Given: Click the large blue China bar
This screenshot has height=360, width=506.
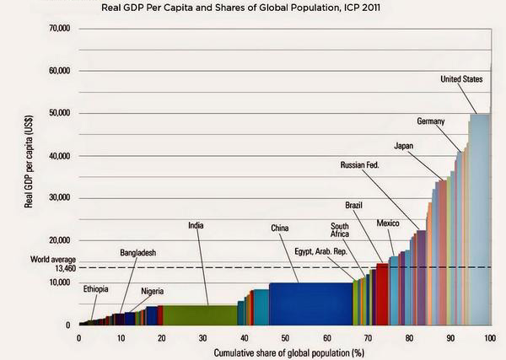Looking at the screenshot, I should (x=310, y=304).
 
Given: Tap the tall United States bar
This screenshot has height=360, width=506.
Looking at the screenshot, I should (x=479, y=219).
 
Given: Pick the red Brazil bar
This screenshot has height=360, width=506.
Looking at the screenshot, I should (x=382, y=294).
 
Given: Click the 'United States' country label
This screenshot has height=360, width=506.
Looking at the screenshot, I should (x=461, y=79).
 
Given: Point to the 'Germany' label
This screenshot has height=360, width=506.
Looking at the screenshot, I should (x=430, y=121).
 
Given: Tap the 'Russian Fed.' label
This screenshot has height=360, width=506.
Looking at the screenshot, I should (x=360, y=165).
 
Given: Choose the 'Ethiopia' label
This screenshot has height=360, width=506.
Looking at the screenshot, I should (x=95, y=289).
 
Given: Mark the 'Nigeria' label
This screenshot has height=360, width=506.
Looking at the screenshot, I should (x=153, y=291).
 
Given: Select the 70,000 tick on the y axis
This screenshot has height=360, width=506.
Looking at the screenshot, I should (x=59, y=29).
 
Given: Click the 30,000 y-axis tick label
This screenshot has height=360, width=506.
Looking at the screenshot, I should (x=59, y=198).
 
